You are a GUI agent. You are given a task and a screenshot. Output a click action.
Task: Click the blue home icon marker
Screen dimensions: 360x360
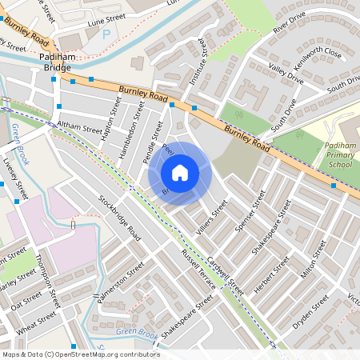(x=180, y=173)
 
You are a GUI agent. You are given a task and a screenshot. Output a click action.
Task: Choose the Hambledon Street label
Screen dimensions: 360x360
(x=130, y=124)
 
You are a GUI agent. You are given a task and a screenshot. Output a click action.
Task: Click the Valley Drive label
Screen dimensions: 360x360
(x=286, y=74)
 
